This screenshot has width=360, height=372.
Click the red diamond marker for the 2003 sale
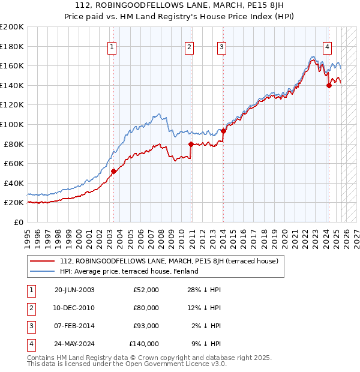click(x=113, y=171)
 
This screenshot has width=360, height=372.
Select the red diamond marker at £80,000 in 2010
click(x=191, y=144)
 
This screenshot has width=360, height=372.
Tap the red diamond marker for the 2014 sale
click(x=223, y=131)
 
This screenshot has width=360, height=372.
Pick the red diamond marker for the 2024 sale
click(x=329, y=85)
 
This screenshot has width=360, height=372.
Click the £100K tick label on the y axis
click(x=12, y=124)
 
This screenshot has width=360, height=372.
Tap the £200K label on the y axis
click(x=12, y=26)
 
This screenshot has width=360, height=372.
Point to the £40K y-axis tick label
click(x=14, y=183)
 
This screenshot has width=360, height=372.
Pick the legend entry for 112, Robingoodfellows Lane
click(x=169, y=262)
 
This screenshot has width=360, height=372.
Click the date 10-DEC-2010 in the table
click(x=74, y=308)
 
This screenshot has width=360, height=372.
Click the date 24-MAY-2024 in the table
click(x=74, y=344)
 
